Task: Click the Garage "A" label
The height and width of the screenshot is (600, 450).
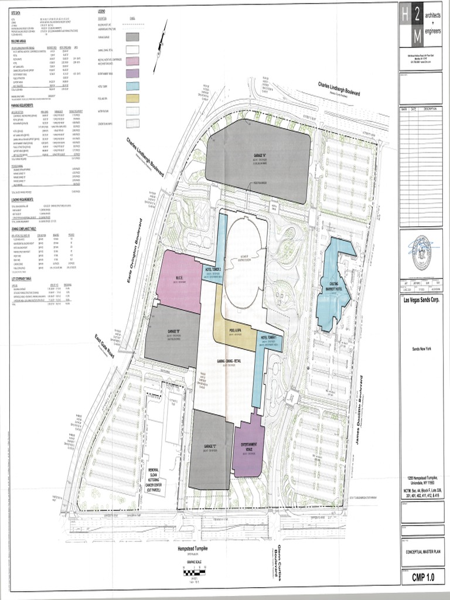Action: (x=259, y=156)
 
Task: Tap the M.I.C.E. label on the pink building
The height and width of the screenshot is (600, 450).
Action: (x=180, y=278)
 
